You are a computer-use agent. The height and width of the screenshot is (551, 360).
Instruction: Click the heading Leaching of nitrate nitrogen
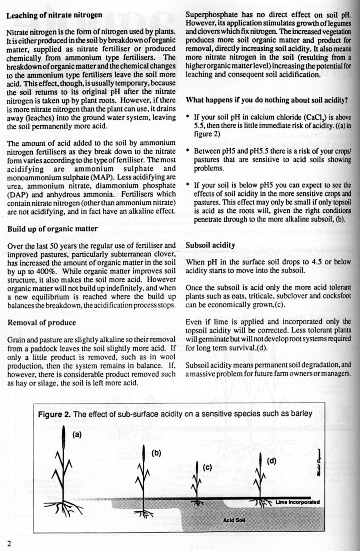(54, 16)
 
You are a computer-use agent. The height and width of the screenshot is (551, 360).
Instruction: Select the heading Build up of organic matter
(52, 229)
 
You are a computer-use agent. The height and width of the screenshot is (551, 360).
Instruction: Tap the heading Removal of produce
(42, 323)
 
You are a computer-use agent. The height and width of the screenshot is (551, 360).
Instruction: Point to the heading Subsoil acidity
(210, 245)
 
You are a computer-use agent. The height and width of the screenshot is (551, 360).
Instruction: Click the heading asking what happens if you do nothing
(267, 100)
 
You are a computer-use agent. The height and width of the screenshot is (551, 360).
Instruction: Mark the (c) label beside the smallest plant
(207, 467)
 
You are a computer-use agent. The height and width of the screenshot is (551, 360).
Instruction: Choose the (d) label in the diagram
(272, 461)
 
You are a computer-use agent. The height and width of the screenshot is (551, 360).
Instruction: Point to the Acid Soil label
(234, 520)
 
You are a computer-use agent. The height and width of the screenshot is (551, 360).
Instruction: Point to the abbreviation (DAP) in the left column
(17, 194)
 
